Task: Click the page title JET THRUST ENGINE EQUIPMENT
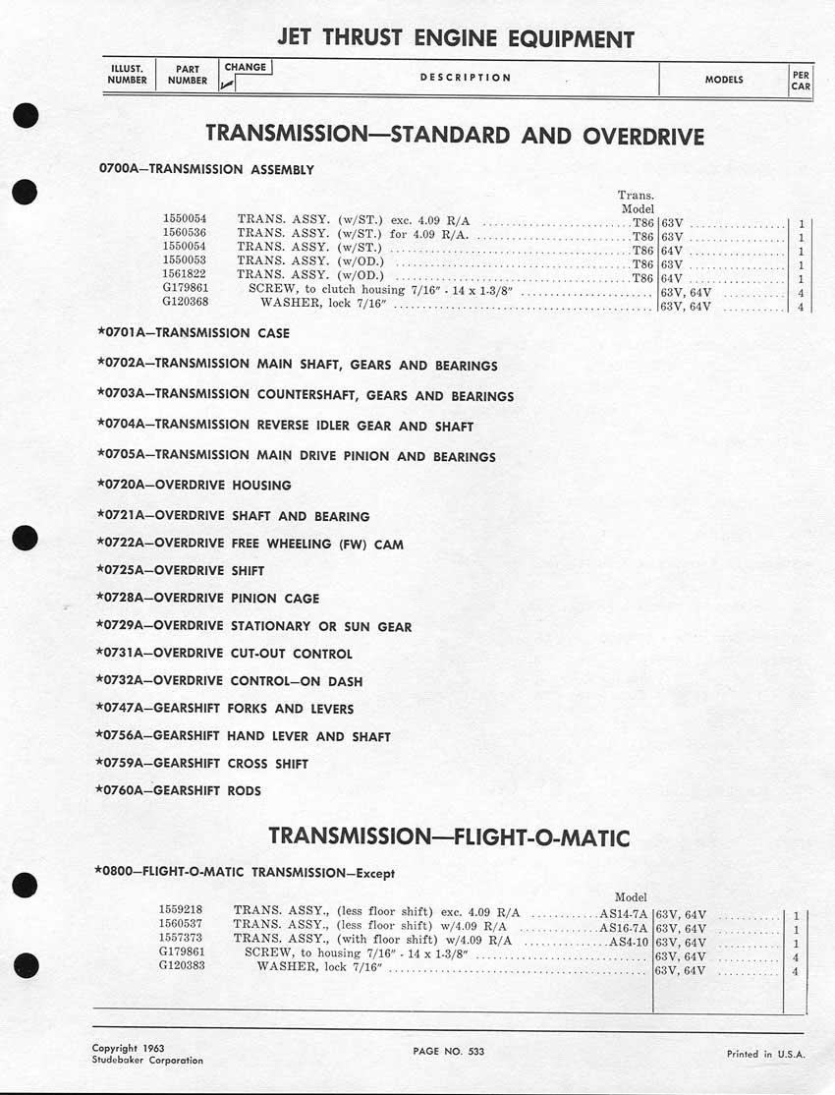455,39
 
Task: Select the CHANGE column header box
245,68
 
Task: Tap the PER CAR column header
801,80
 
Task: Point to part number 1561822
185,278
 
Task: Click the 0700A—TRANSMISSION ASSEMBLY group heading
207,169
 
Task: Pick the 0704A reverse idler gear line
286,426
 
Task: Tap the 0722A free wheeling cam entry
250,544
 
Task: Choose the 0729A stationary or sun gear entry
254,626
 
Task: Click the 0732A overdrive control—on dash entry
230,680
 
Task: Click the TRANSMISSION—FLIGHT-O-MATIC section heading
449,837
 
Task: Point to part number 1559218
181,911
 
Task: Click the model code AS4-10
629,940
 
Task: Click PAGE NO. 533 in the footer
449,1051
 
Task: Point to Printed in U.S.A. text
765,1054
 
